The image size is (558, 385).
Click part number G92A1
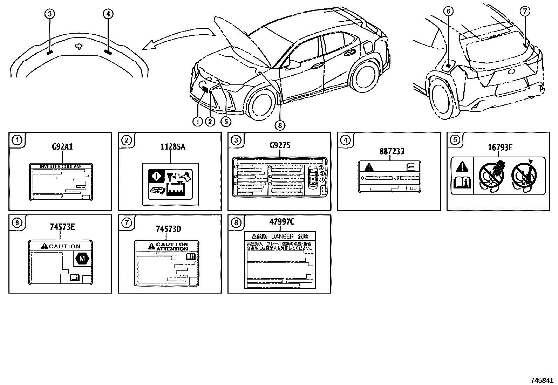coord(62,146)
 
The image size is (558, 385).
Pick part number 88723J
coord(392,151)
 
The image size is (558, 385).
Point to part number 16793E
coord(500,147)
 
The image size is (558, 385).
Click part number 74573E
coord(62,227)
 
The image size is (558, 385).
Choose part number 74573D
coord(168,229)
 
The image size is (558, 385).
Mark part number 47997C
coord(281,222)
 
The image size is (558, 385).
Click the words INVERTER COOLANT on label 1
coord(61,167)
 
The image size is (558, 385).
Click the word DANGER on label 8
coord(282,236)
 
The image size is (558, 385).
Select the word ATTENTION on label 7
coord(172,249)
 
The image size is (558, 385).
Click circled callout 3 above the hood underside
coord(49,14)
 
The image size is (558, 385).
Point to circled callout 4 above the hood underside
coord(108,14)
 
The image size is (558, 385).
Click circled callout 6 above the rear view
coord(448,11)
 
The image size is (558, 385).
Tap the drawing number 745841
coord(542,380)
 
